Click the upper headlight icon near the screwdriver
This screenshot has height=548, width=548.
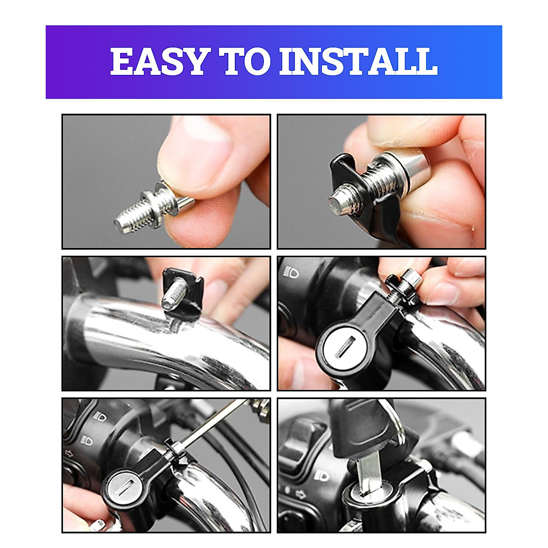(x=99, y=416)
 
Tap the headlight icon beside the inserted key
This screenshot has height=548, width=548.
(x=321, y=476)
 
